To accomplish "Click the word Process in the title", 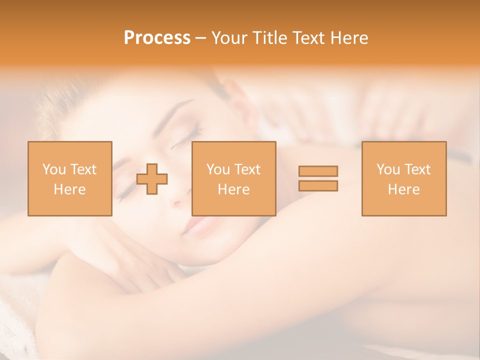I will point(157,38).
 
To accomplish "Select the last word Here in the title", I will point(349,38).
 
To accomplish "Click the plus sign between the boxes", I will point(152,179).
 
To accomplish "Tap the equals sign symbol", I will point(318,178).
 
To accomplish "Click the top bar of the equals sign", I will point(318,171).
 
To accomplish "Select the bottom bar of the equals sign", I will point(318,185).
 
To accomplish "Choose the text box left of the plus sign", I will point(69,179).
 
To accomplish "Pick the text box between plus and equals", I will point(233,179).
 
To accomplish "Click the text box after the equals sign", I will point(403,179).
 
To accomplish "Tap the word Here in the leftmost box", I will point(69,189).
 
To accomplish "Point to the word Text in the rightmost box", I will point(417,169).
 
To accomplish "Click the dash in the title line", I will point(200,38).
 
